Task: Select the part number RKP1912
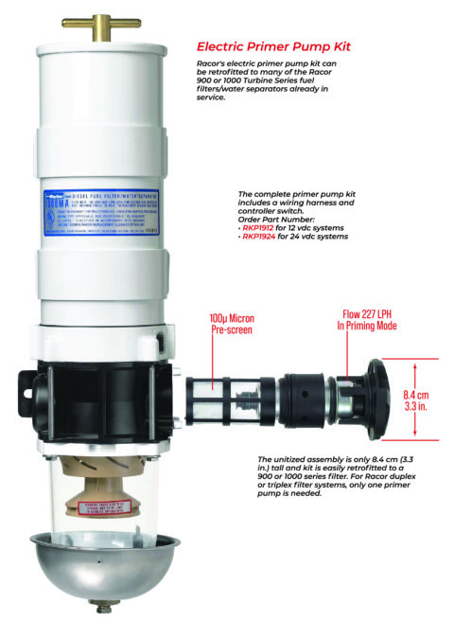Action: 258,228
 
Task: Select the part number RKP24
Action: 258,237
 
